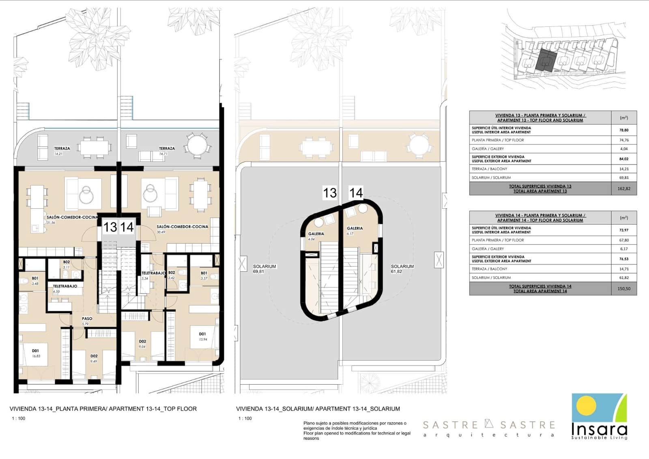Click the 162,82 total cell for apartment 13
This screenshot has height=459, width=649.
click(624, 188)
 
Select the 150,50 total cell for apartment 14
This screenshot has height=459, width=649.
click(624, 288)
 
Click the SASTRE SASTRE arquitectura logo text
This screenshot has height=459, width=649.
click(489, 429)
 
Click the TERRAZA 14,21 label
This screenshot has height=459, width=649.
click(62, 151)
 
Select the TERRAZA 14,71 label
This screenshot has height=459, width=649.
click(167, 151)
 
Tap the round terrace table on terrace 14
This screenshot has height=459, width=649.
click(196, 144)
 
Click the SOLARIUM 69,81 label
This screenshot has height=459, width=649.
click(264, 269)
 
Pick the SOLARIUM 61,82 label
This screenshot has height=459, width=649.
click(402, 269)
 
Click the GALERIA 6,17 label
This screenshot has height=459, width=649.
click(355, 231)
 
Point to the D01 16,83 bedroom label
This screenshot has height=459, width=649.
click(36, 353)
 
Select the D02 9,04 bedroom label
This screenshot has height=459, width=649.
click(142, 344)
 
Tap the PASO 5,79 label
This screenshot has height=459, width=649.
click(87, 321)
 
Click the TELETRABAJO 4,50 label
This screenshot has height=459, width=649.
click(65, 288)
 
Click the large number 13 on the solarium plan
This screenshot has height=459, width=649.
click(330, 193)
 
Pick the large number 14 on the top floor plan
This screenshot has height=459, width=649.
click(127, 227)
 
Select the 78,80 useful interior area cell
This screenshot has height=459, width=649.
click(624, 130)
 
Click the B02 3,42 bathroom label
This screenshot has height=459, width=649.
click(172, 275)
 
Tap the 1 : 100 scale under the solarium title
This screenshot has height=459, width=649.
click(245, 418)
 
